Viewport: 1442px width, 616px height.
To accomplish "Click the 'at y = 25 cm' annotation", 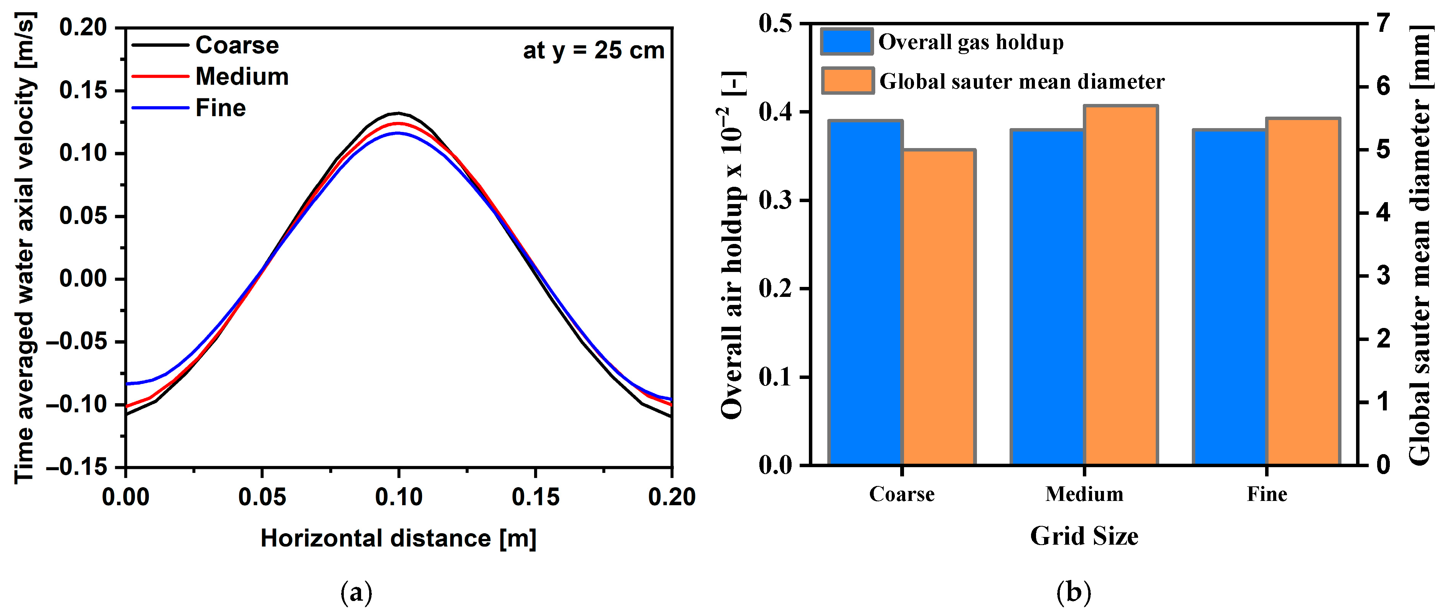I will coord(593,50).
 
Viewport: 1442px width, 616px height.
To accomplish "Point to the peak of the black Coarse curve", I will coord(398,113).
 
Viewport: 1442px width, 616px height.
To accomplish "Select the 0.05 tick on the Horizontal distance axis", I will coord(262,497).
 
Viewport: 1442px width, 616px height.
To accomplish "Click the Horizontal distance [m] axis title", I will coord(398,538).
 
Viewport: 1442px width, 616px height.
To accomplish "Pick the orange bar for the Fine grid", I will coord(1303,292).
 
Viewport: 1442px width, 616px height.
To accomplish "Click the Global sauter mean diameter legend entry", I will coord(1021,82).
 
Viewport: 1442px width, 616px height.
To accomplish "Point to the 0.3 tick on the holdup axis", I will coord(775,200).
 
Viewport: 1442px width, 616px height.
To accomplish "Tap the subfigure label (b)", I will coord(1073,592).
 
